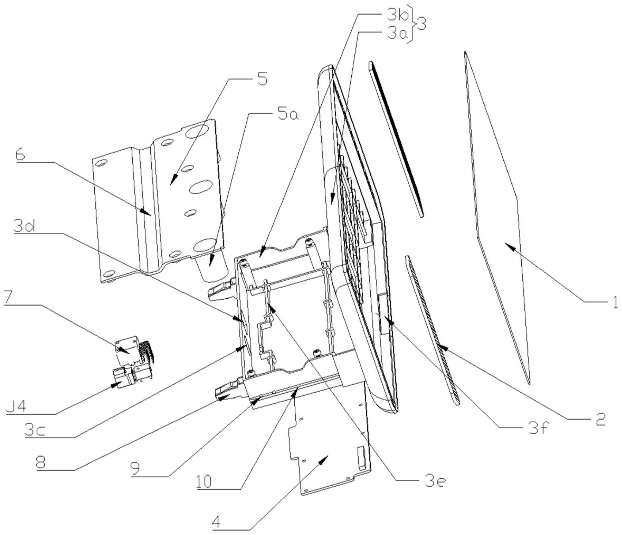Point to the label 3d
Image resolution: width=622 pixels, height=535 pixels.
24,227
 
